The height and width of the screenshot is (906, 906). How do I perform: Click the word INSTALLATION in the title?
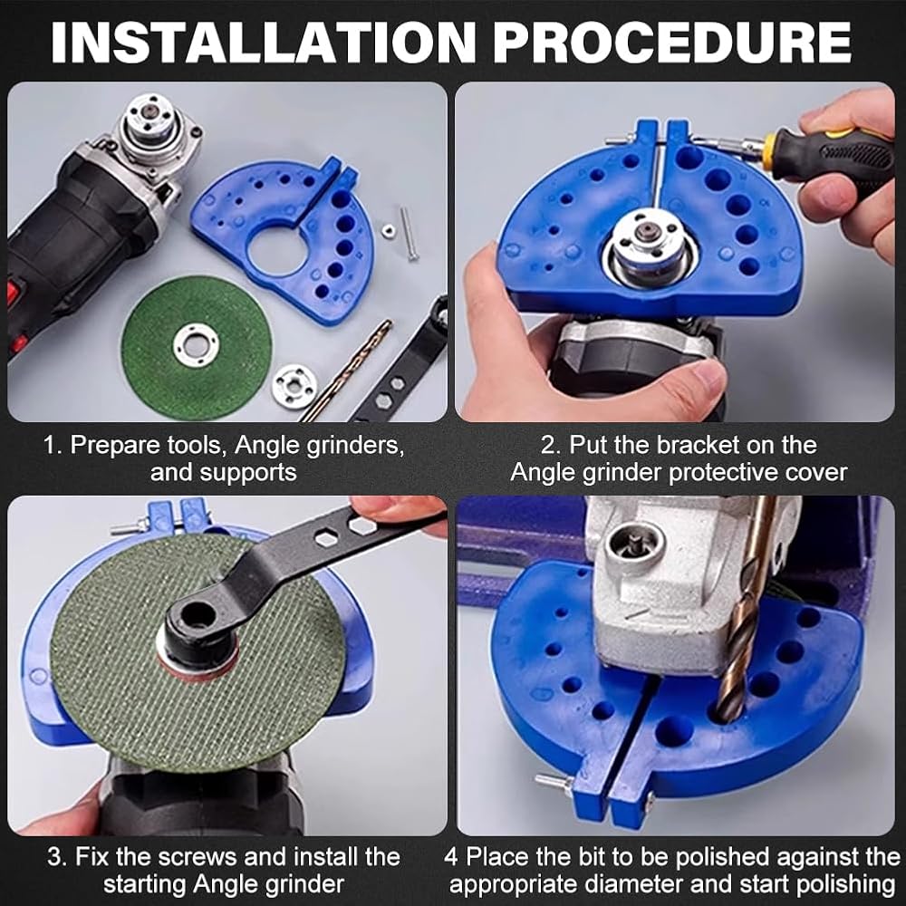pyautogui.click(x=263, y=43)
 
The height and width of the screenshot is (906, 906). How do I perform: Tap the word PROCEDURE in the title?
pyautogui.click(x=672, y=43)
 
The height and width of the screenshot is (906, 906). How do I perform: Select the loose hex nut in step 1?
pyautogui.click(x=388, y=230)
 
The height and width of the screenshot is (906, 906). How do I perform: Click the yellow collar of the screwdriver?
pyautogui.click(x=768, y=149)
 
